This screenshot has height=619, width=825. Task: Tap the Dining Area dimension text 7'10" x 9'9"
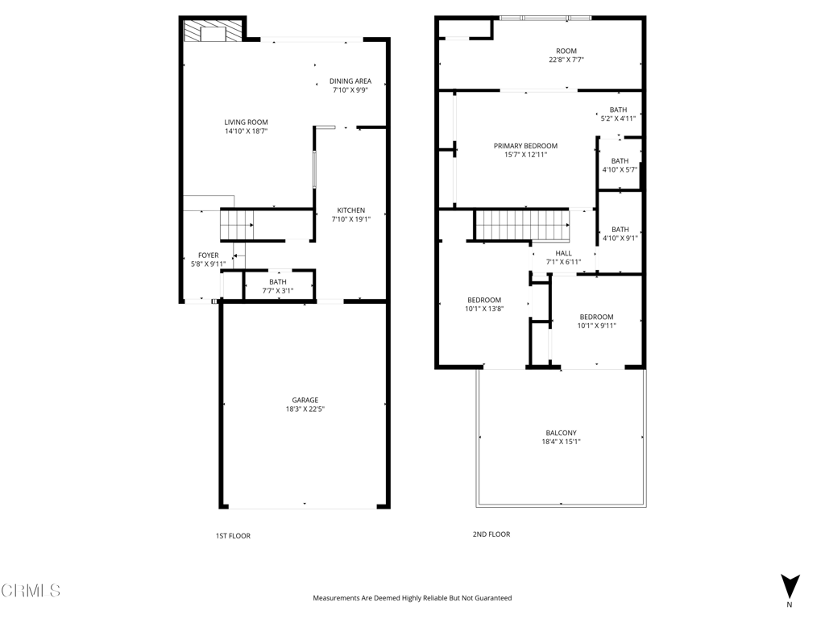[350, 90]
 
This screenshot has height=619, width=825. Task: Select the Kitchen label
[351, 210]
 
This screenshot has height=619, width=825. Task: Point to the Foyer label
[209, 255]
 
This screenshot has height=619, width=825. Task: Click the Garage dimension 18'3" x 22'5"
[305, 409]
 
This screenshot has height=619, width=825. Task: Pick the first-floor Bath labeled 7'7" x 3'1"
[278, 286]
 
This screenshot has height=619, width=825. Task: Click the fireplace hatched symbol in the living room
[212, 31]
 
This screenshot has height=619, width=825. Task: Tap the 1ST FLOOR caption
[233, 536]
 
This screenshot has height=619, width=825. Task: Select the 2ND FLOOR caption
[491, 534]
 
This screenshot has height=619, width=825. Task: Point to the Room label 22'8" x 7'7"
[566, 56]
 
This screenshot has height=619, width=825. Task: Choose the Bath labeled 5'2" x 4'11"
[618, 114]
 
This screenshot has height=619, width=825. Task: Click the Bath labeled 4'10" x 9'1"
[620, 234]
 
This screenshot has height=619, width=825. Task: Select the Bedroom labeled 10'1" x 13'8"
[484, 304]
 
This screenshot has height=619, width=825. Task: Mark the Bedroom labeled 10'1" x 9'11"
[597, 321]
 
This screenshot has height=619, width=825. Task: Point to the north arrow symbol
[790, 586]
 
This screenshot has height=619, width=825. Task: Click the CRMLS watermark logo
[31, 591]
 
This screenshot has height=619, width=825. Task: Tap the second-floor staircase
[522, 226]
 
